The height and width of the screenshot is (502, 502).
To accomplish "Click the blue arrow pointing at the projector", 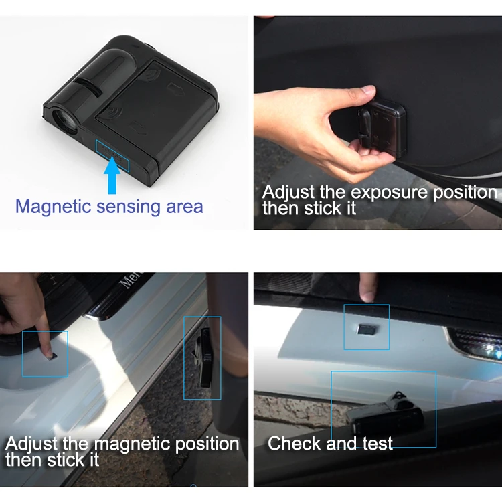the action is (x=112, y=175).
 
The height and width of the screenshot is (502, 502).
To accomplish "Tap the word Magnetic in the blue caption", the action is (x=54, y=207).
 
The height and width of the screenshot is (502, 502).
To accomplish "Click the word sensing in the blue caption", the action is (x=129, y=207).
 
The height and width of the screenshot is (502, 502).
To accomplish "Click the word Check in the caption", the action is (x=295, y=443).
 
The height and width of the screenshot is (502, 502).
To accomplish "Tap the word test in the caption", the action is (x=377, y=444).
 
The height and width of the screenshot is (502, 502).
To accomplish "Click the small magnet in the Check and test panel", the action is (x=367, y=329).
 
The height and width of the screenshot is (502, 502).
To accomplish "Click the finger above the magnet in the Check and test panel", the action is (x=367, y=287).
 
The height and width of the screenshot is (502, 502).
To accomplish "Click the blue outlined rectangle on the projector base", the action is (x=112, y=155).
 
